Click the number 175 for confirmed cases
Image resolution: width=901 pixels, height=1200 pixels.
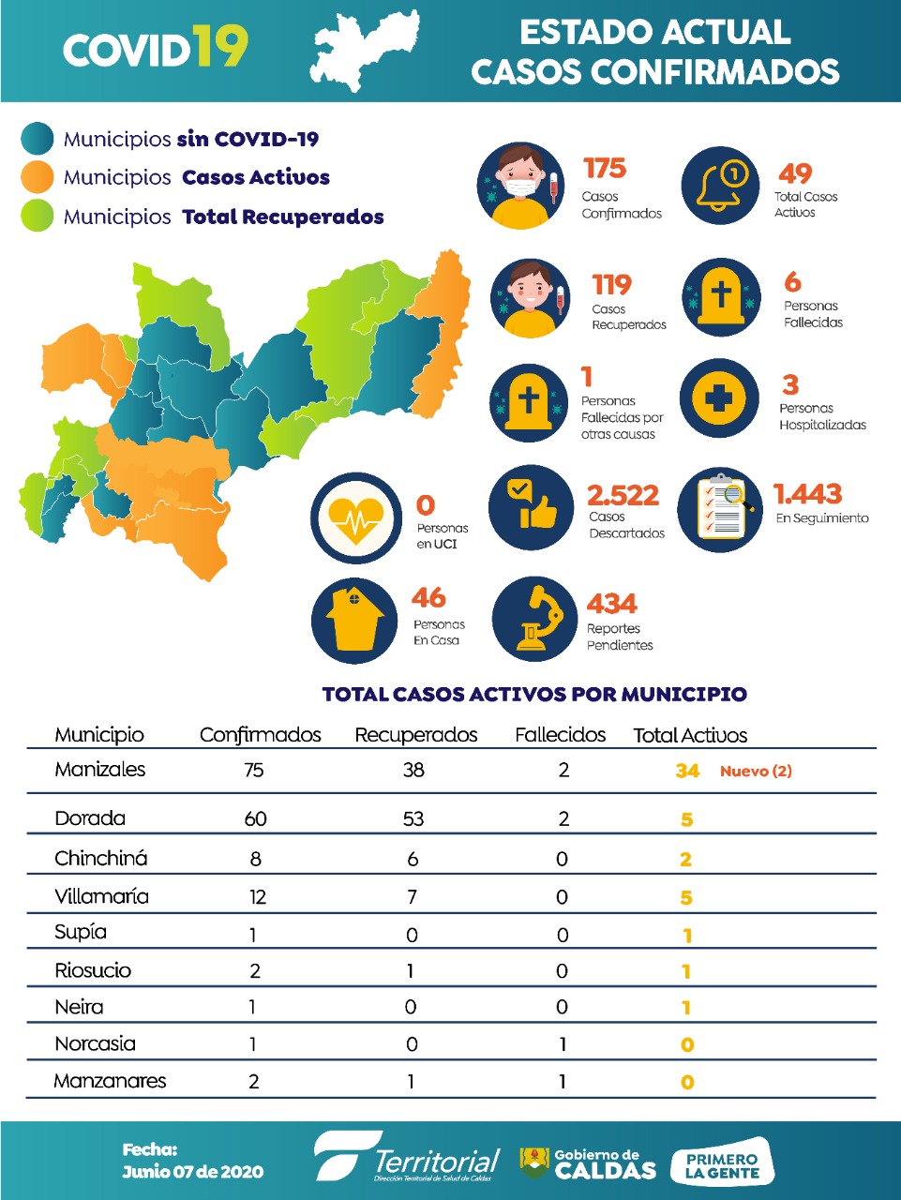[x=604, y=169]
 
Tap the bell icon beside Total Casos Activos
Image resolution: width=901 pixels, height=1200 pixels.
[x=721, y=186]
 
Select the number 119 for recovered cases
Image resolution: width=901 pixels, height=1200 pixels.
[x=611, y=285]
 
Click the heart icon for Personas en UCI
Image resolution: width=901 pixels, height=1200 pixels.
[x=355, y=518]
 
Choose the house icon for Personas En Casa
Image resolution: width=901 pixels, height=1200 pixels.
[x=354, y=618]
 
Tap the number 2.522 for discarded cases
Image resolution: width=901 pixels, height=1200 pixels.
[x=623, y=495]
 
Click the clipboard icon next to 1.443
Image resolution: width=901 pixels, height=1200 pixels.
[x=720, y=509]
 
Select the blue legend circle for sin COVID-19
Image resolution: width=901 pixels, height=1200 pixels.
[x=38, y=139]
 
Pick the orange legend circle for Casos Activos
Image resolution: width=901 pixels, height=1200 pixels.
[x=38, y=177]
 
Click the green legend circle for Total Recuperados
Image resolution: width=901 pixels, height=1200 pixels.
[x=38, y=216]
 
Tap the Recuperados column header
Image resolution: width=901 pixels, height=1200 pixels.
[x=415, y=735]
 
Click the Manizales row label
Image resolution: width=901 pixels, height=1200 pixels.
[x=100, y=770]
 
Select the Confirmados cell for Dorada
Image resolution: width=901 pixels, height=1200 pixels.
[x=255, y=818]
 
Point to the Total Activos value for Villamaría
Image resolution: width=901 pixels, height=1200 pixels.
[x=686, y=898]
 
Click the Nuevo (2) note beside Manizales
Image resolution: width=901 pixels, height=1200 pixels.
[x=756, y=771]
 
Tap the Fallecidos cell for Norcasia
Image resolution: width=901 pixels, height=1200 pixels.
[x=563, y=1044]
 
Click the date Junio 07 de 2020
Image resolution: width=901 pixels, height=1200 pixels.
[x=192, y=1172]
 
